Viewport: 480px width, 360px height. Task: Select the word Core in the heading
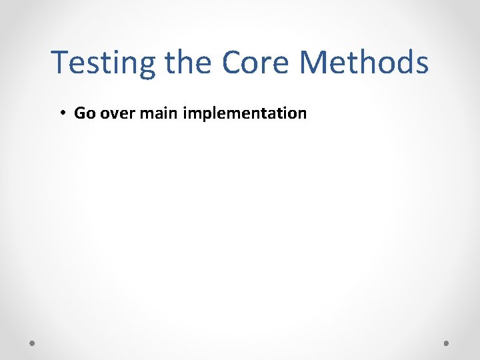pos(257,63)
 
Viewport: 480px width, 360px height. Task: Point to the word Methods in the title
pos(364,63)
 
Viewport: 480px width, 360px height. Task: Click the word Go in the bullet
pos(85,113)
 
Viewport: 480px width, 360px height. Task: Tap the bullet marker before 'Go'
pos(61,113)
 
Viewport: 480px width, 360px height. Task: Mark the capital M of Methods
pos(314,63)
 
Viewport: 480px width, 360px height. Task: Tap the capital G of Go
pos(80,113)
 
